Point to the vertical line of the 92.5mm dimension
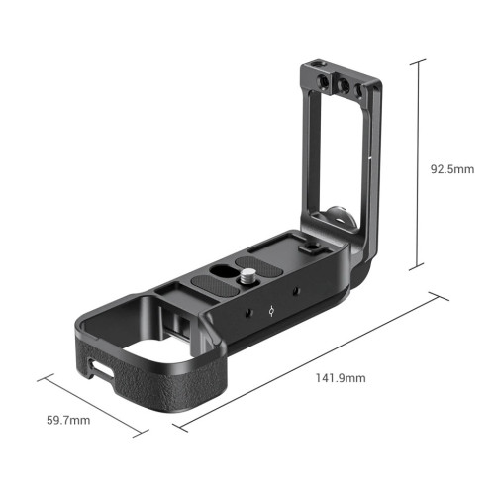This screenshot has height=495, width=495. [421, 163]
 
